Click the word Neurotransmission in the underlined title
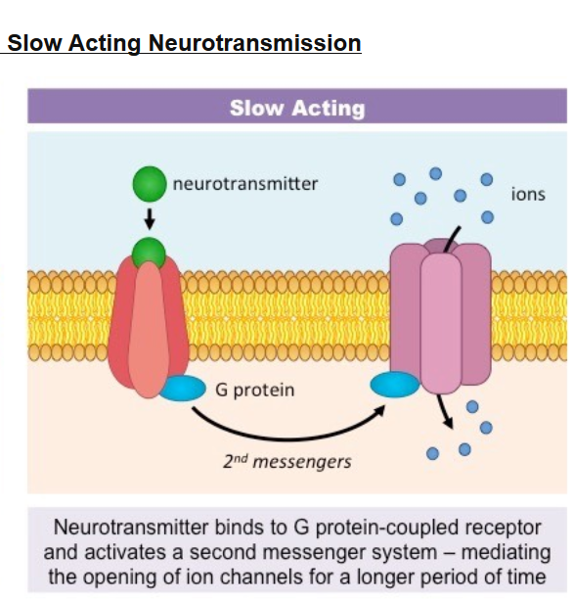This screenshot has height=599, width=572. point(254,43)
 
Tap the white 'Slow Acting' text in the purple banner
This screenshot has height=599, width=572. point(297,108)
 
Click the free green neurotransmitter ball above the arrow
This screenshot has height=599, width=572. point(150,184)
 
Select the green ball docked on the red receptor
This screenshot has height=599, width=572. point(149,253)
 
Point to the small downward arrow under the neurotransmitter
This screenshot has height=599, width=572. point(150,218)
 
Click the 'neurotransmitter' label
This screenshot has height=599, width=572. point(245,184)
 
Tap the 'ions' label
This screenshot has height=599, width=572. point(528,194)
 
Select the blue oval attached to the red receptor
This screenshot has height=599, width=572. point(183,388)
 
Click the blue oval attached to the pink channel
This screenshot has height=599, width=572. point(395,385)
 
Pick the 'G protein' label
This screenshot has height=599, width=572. point(255,391)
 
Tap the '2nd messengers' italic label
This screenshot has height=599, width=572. point(286,462)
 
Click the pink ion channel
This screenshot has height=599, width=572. point(440,316)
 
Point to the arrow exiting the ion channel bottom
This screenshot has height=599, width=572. point(445,411)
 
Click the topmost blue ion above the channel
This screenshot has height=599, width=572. point(435,173)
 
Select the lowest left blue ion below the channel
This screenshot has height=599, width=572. point(432,453)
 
